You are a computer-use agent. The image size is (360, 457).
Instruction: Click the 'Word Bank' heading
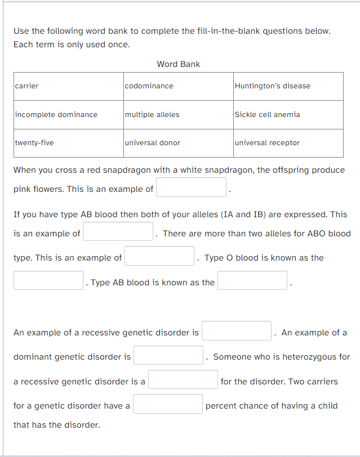tap(178, 64)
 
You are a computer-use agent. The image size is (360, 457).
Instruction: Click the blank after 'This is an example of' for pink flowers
tap(192, 187)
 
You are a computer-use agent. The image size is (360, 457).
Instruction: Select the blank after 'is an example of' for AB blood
tap(118, 231)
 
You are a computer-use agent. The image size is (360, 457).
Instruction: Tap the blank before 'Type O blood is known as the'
tap(160, 256)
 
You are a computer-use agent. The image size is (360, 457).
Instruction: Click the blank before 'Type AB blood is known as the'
tap(49, 280)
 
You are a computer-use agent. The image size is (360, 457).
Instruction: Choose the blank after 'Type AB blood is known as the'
tap(253, 280)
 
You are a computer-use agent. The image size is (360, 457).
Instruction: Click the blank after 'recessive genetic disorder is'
tap(237, 331)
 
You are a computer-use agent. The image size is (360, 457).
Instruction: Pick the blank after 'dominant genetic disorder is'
tap(168, 355)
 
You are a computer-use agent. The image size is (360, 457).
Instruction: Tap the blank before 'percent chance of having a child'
tap(168, 404)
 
